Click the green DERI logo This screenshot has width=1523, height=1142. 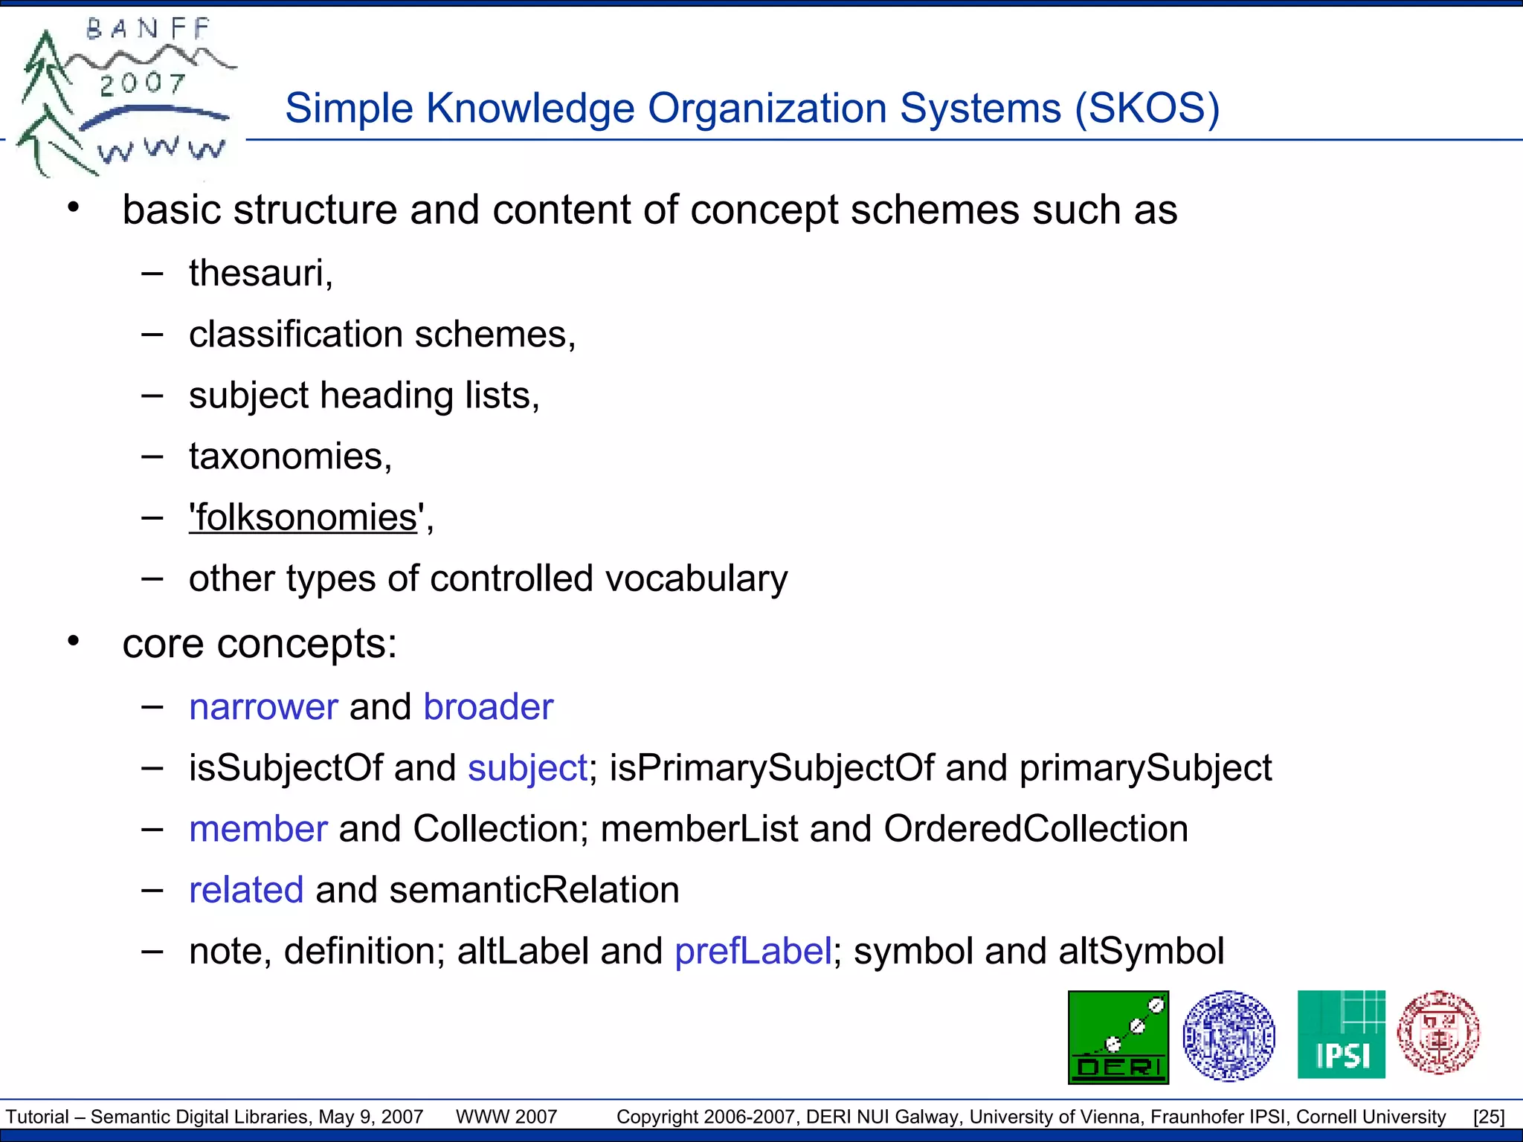click(x=1118, y=1036)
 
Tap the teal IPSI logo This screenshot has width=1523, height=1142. click(x=1341, y=1034)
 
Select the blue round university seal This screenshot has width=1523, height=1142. click(x=1229, y=1035)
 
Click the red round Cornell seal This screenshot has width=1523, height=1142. click(x=1438, y=1033)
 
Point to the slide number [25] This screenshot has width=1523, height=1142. click(x=1489, y=1117)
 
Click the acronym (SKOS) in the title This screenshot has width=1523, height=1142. click(x=1147, y=109)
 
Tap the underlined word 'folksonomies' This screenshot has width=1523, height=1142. click(x=303, y=517)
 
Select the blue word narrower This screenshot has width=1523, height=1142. click(x=263, y=707)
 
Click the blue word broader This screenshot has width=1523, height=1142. click(x=488, y=707)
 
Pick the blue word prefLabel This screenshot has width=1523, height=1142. click(x=753, y=951)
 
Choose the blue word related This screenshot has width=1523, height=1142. click(x=246, y=890)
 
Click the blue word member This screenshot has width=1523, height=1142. click(x=258, y=829)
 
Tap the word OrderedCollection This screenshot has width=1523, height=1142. click(x=1035, y=829)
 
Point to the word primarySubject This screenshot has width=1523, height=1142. click(x=1145, y=768)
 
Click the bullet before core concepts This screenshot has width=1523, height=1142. click(x=73, y=641)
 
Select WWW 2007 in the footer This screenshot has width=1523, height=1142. click(x=506, y=1117)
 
